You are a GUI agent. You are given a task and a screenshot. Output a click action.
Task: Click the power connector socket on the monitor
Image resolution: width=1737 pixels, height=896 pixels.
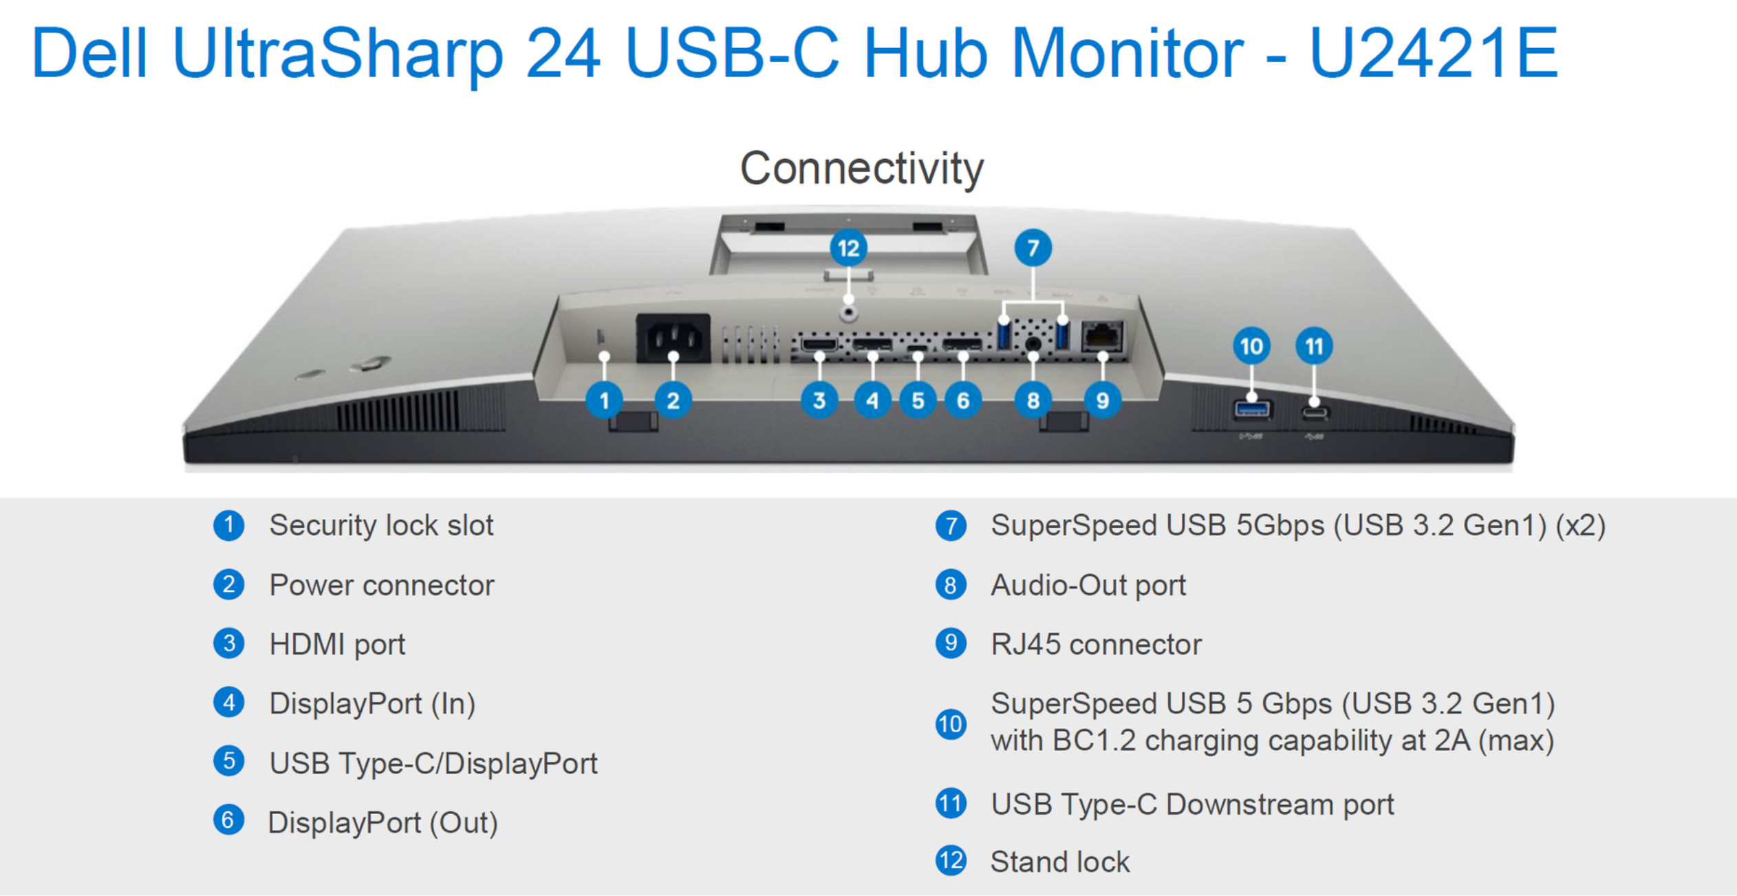coord(673,337)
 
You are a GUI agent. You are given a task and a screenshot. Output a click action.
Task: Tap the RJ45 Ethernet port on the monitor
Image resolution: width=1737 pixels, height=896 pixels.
coord(1103,336)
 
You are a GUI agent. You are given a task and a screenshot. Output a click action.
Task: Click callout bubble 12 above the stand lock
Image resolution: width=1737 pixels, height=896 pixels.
coord(848,248)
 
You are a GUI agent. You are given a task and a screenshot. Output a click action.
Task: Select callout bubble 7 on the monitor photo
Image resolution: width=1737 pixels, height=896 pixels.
coord(1033,248)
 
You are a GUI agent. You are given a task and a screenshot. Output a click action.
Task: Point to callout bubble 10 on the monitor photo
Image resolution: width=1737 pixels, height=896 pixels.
coord(1251,346)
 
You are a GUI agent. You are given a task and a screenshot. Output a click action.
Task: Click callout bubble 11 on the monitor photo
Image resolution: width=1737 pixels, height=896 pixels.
coord(1314,346)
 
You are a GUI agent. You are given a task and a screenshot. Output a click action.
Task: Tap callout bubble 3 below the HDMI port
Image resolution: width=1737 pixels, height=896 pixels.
coord(819,401)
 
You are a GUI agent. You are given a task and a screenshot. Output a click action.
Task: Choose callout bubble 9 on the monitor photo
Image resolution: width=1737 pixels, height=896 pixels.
coord(1103,401)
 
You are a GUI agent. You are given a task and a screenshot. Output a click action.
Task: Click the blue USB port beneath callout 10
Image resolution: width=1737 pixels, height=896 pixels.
coord(1251,410)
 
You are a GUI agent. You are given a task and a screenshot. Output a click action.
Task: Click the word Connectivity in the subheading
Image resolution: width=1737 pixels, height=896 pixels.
coord(861,168)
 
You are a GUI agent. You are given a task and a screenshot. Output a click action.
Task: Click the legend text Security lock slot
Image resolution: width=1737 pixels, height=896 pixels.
coord(381,526)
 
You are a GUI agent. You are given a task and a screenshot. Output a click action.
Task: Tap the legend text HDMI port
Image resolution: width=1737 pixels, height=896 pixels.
coord(337,645)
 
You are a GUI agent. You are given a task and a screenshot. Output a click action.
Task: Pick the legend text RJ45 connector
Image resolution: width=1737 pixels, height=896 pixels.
coord(1096,645)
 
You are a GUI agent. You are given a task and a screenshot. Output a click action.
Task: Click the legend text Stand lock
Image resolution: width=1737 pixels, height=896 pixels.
coord(1059,862)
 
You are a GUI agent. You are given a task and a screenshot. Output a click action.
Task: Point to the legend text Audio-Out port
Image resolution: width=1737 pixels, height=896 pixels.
coord(1088,586)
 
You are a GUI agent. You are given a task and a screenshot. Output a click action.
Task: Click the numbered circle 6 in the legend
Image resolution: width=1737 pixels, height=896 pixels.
coord(228,820)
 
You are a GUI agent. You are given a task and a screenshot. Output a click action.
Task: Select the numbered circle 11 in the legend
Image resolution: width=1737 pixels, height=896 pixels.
coord(951,803)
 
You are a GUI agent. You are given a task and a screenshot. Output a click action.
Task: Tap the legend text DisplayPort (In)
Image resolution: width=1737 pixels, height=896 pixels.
coord(372,704)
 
